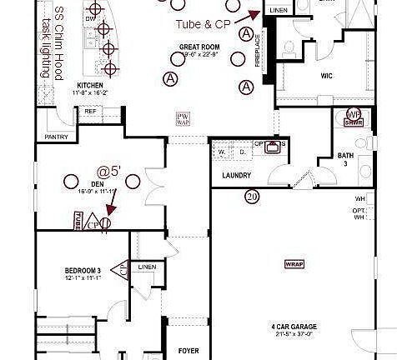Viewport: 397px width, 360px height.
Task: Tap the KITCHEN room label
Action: [x=90, y=85]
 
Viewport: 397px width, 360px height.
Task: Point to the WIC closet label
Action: [x=327, y=76]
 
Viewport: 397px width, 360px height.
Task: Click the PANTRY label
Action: [x=57, y=137]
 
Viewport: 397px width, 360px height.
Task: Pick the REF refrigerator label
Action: [x=89, y=111]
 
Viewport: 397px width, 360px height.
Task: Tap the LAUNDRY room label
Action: [x=237, y=176]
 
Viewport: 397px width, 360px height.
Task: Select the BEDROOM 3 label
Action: [x=83, y=271]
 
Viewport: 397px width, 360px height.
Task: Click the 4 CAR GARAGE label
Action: [x=293, y=326]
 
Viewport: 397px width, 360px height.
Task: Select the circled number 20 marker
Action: [x=252, y=197]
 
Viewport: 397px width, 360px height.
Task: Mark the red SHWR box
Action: [x=354, y=122]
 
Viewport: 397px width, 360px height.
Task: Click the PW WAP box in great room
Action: [x=182, y=117]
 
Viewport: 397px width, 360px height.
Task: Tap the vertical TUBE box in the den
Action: [x=78, y=222]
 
